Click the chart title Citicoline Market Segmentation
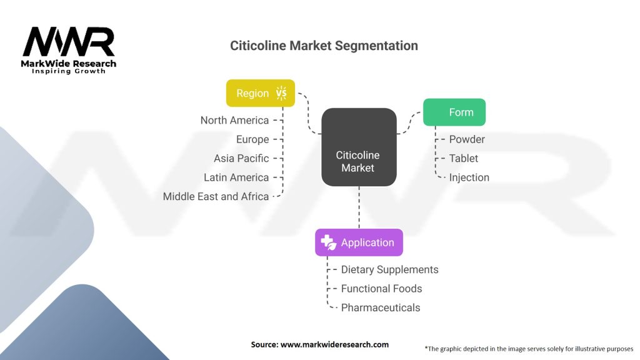point(324,46)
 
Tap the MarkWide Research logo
point(69,50)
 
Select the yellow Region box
point(260,93)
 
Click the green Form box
point(454,112)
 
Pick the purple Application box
point(359,242)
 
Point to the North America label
point(234,120)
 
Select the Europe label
point(252,139)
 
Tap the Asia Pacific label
point(241,158)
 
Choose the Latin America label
point(236,177)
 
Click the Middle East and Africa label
point(216,196)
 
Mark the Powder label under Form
point(467,139)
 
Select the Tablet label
point(464,158)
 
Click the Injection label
point(469,177)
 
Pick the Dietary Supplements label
point(389,269)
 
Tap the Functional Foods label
point(381,289)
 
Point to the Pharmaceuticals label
point(381,307)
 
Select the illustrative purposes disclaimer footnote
point(529,349)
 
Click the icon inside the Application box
point(328,242)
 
